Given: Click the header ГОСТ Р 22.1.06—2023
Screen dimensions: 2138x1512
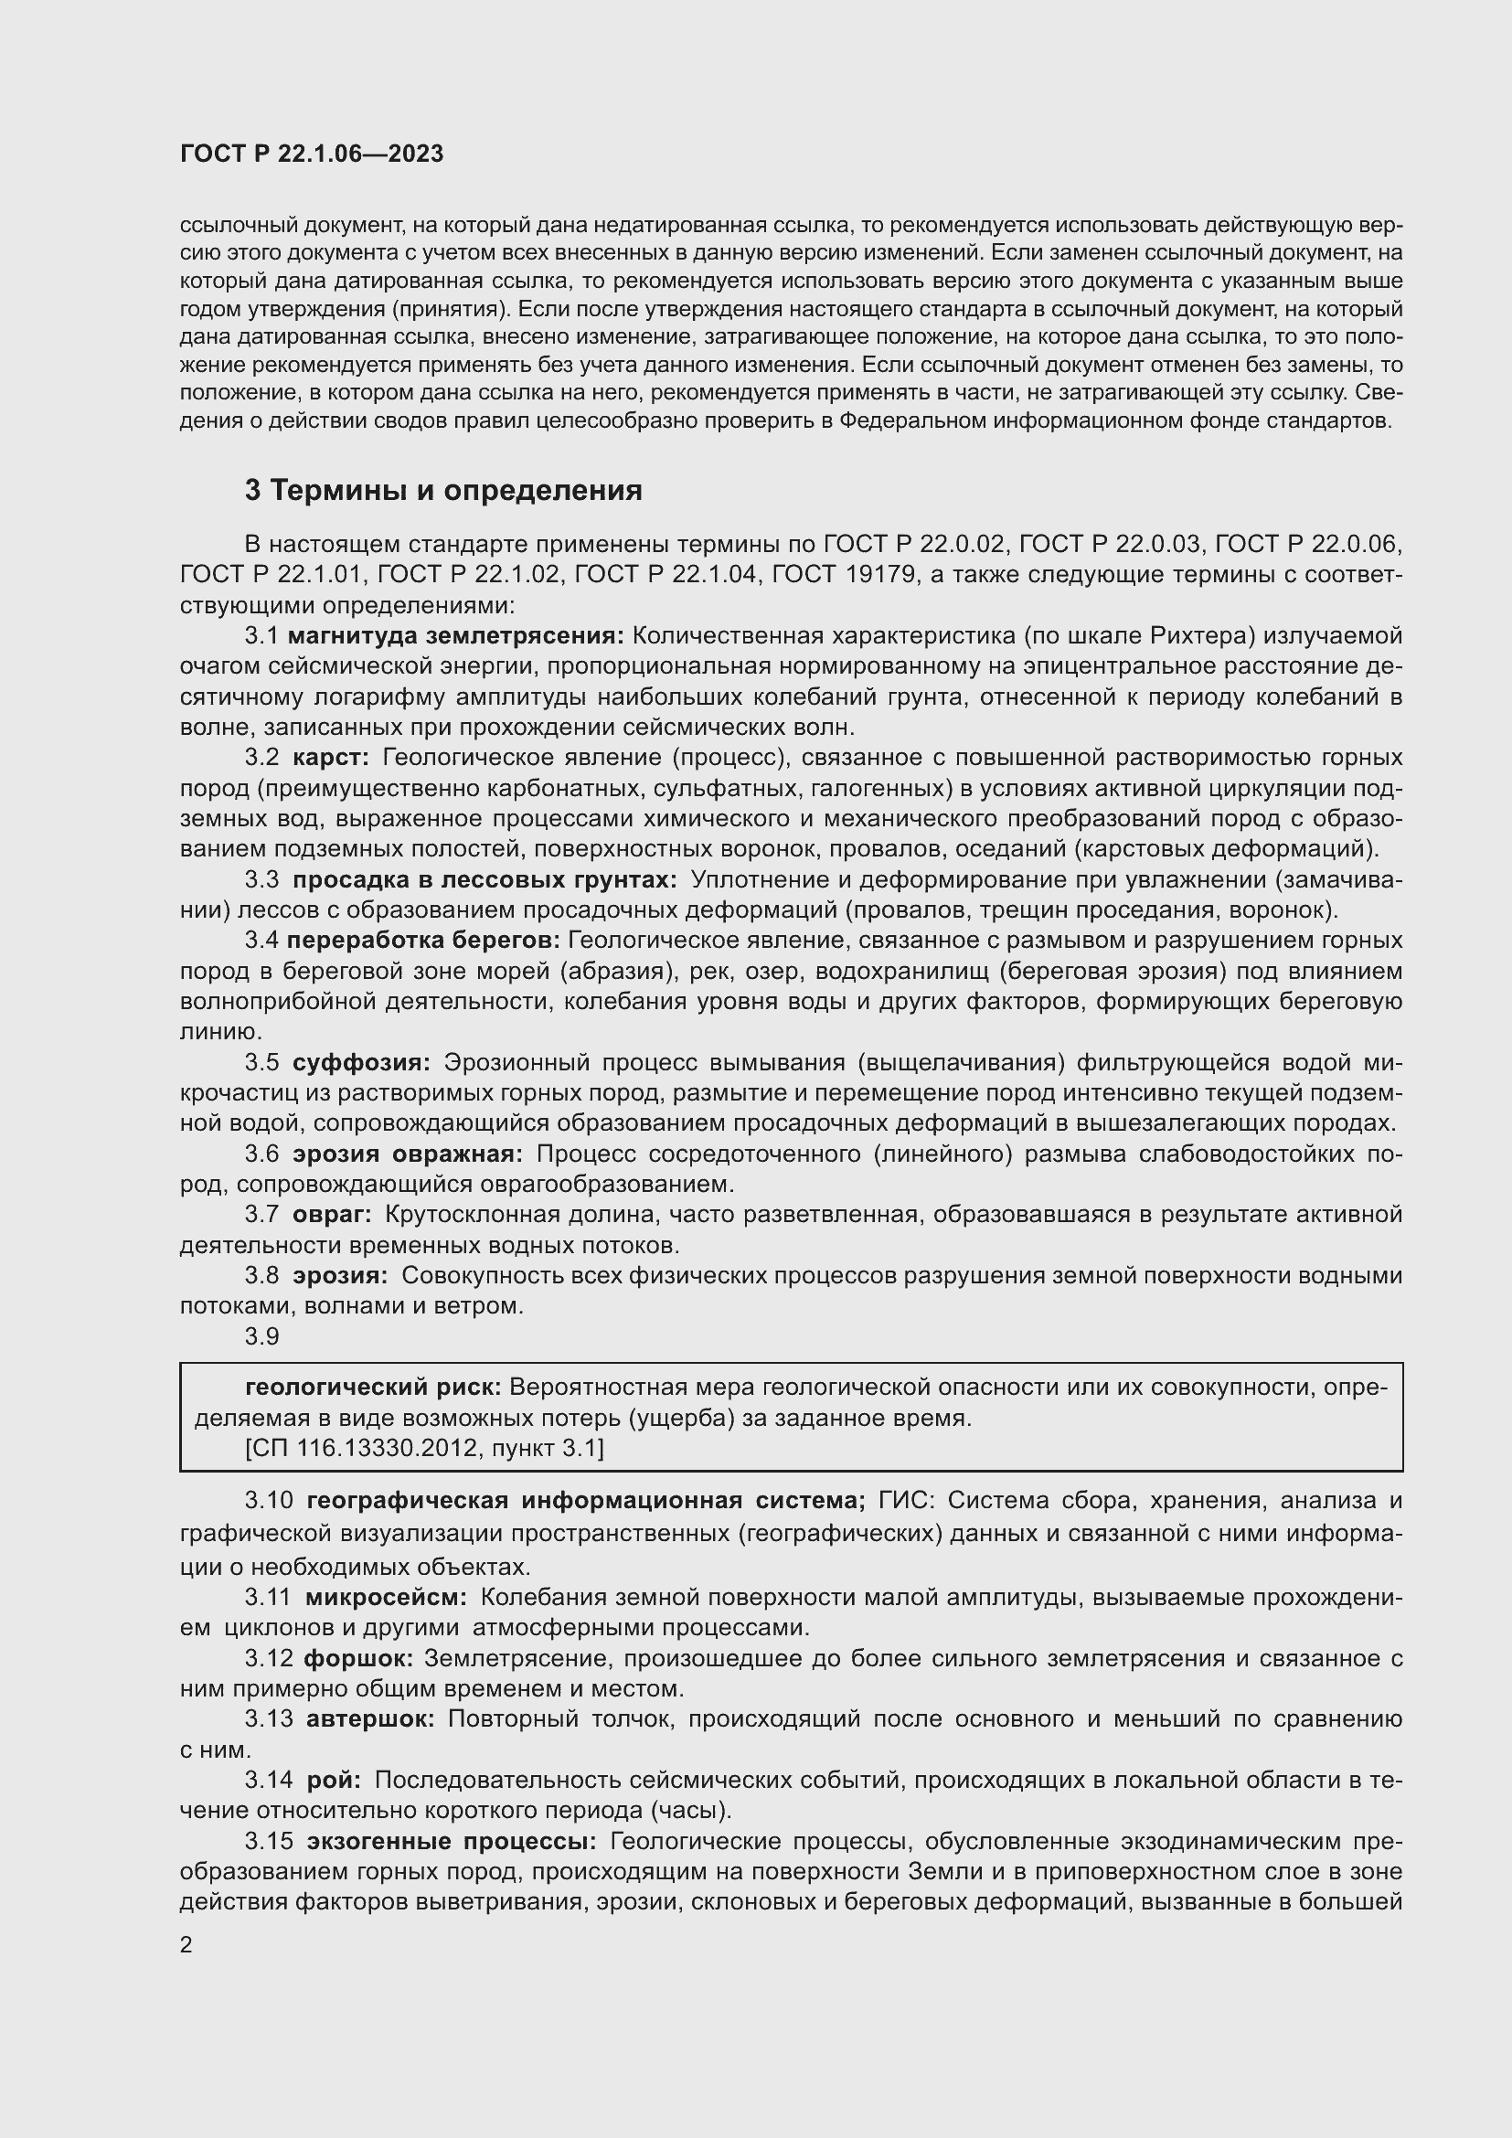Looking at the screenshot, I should [311, 154].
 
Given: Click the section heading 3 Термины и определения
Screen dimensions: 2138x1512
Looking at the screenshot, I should [443, 491].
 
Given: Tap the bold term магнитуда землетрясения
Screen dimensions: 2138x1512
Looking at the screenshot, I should [456, 636].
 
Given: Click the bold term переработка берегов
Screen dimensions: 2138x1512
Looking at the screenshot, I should [423, 941].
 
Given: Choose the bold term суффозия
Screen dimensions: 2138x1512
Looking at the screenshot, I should [361, 1062].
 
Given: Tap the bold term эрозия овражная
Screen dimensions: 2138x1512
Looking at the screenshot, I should [408, 1154].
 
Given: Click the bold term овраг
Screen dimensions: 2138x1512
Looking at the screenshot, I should [332, 1214].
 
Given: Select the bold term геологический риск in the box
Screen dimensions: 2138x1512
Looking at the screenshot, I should [373, 1388].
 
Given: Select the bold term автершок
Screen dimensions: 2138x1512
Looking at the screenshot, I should [369, 1719].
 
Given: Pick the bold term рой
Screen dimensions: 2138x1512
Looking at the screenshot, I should [334, 1780].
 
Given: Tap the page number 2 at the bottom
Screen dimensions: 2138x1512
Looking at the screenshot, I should [186, 1945].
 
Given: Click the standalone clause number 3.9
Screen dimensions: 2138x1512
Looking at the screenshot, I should [261, 1336].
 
